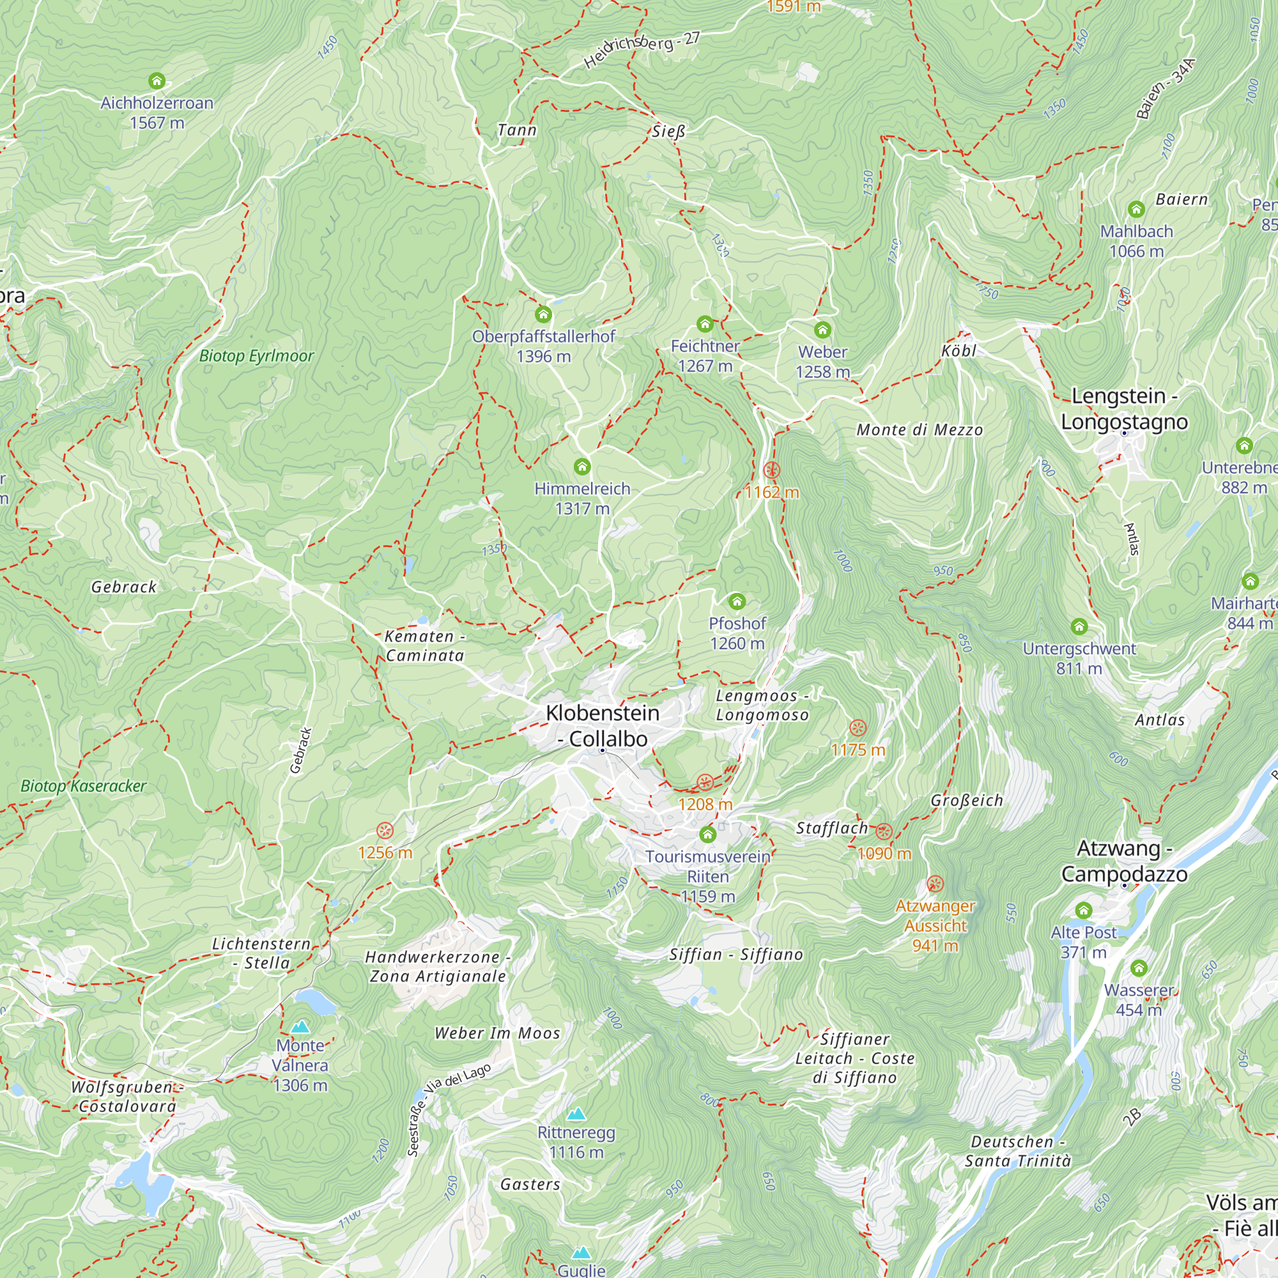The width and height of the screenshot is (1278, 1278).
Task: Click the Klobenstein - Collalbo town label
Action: point(603,726)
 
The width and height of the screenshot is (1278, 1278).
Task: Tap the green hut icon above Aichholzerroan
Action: point(157,81)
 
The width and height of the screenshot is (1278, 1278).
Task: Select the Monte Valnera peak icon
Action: point(300,1027)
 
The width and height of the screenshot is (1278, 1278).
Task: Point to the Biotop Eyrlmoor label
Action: point(257,356)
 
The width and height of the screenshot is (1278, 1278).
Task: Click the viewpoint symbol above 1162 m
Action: point(771,470)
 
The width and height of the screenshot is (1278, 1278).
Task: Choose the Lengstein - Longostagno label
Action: point(1124,409)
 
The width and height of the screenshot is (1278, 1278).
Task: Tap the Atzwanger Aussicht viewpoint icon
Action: point(935,883)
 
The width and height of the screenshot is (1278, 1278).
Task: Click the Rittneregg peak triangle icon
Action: point(576,1114)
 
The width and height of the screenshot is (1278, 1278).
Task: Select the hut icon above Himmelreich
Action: point(582,467)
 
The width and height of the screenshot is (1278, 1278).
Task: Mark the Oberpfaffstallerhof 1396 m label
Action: point(544,346)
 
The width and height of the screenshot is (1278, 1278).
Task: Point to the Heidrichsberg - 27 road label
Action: point(642,50)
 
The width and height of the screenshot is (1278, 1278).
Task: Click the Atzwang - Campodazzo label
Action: point(1124,861)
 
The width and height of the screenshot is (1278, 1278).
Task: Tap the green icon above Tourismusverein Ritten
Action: point(708,834)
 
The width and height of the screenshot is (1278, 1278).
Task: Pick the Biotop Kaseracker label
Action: point(83,786)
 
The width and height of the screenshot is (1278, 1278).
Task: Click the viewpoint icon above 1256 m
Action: point(385,831)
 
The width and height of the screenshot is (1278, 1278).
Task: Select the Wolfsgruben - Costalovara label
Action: point(125,1097)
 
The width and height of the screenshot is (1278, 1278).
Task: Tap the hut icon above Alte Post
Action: point(1084,910)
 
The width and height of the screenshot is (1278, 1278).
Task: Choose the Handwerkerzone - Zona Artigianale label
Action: point(437,966)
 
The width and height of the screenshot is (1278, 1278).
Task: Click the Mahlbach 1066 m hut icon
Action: point(1136,210)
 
